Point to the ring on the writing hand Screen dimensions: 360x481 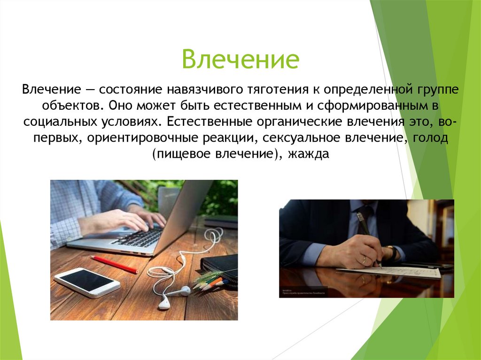click(364, 259)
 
